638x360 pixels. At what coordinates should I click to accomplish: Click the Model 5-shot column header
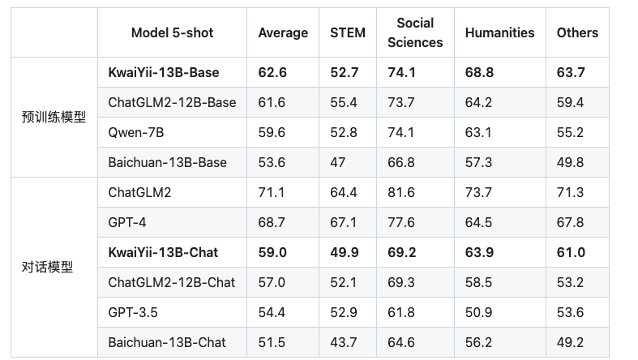pyautogui.click(x=172, y=32)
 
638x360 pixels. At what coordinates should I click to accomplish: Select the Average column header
pyautogui.click(x=283, y=33)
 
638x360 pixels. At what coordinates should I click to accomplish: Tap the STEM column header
pyautogui.click(x=348, y=32)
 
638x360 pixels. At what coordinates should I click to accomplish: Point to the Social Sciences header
pyautogui.click(x=415, y=32)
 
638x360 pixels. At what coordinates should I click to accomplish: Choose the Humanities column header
pyautogui.click(x=499, y=32)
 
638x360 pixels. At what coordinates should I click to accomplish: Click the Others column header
pyautogui.click(x=577, y=32)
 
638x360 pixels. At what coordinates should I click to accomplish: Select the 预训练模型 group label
pyautogui.click(x=54, y=117)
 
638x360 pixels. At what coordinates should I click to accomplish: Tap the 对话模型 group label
pyautogui.click(x=47, y=268)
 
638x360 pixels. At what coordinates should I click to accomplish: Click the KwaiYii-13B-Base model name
pyautogui.click(x=164, y=72)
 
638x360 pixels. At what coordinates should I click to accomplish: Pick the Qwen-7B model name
pyautogui.click(x=136, y=132)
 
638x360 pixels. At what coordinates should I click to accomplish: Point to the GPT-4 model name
pyautogui.click(x=127, y=222)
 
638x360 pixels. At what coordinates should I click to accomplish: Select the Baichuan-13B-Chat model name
pyautogui.click(x=167, y=342)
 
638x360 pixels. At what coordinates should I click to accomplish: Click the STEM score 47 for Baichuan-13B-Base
pyautogui.click(x=338, y=162)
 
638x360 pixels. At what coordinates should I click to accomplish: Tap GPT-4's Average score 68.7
pyautogui.click(x=272, y=222)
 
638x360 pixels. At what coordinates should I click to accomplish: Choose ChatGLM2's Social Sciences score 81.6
pyautogui.click(x=401, y=192)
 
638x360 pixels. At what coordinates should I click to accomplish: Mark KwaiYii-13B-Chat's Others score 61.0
pyautogui.click(x=571, y=252)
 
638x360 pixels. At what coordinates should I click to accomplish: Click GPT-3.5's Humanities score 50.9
pyautogui.click(x=478, y=312)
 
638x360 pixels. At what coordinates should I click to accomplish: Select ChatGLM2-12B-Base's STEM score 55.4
pyautogui.click(x=344, y=102)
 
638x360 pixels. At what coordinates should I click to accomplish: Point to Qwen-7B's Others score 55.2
pyautogui.click(x=570, y=132)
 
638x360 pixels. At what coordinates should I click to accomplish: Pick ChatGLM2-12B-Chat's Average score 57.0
pyautogui.click(x=272, y=282)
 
